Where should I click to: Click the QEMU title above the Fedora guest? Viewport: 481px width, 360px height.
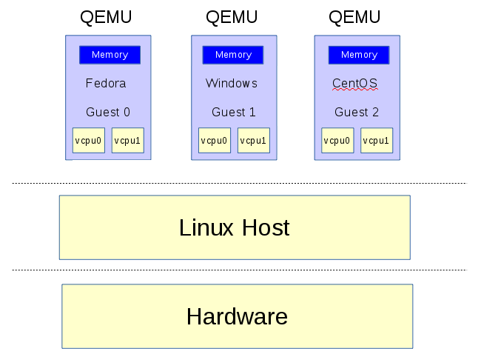pos(106,17)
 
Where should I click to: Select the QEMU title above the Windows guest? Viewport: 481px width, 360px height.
pos(232,17)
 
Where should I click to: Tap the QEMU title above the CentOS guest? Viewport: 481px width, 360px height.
pos(354,17)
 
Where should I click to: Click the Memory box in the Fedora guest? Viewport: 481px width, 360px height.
pos(110,55)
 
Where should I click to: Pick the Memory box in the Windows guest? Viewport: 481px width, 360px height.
pos(233,55)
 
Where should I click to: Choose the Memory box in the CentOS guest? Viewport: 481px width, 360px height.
pos(359,55)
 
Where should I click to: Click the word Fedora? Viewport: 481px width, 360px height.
pos(106,83)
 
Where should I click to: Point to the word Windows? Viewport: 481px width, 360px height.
pos(232,83)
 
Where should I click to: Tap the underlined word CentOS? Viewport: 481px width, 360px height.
pos(355,83)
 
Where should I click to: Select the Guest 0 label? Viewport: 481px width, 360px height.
pos(108,112)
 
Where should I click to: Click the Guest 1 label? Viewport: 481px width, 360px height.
pos(234,112)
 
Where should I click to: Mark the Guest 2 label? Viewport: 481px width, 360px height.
pos(357,112)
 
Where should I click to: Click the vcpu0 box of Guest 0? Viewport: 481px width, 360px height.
pos(89,141)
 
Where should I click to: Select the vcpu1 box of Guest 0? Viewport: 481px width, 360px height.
pos(128,141)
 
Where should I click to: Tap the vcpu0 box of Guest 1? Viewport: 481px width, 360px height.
pos(215,141)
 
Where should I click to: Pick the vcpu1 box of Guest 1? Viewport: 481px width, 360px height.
pos(254,141)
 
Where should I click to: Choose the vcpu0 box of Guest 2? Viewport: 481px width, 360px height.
pos(337,141)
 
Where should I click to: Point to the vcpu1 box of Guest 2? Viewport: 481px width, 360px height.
pos(377,141)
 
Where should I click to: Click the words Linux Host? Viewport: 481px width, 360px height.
pos(235,227)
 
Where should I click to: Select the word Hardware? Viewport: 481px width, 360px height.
pos(237,316)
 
